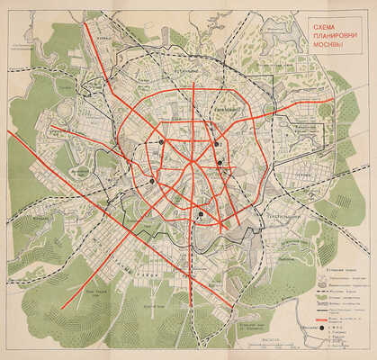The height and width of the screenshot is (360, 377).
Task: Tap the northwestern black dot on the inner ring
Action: click(x=160, y=142)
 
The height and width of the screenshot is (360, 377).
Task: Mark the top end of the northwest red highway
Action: click(x=85, y=22)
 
